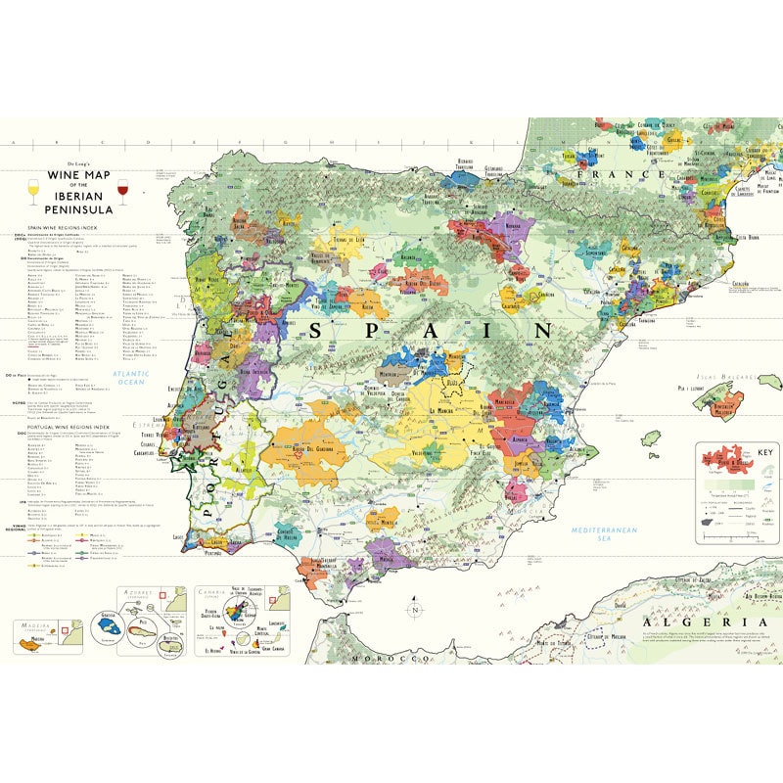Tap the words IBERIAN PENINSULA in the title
76,204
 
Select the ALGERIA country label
698,622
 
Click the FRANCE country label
607,174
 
